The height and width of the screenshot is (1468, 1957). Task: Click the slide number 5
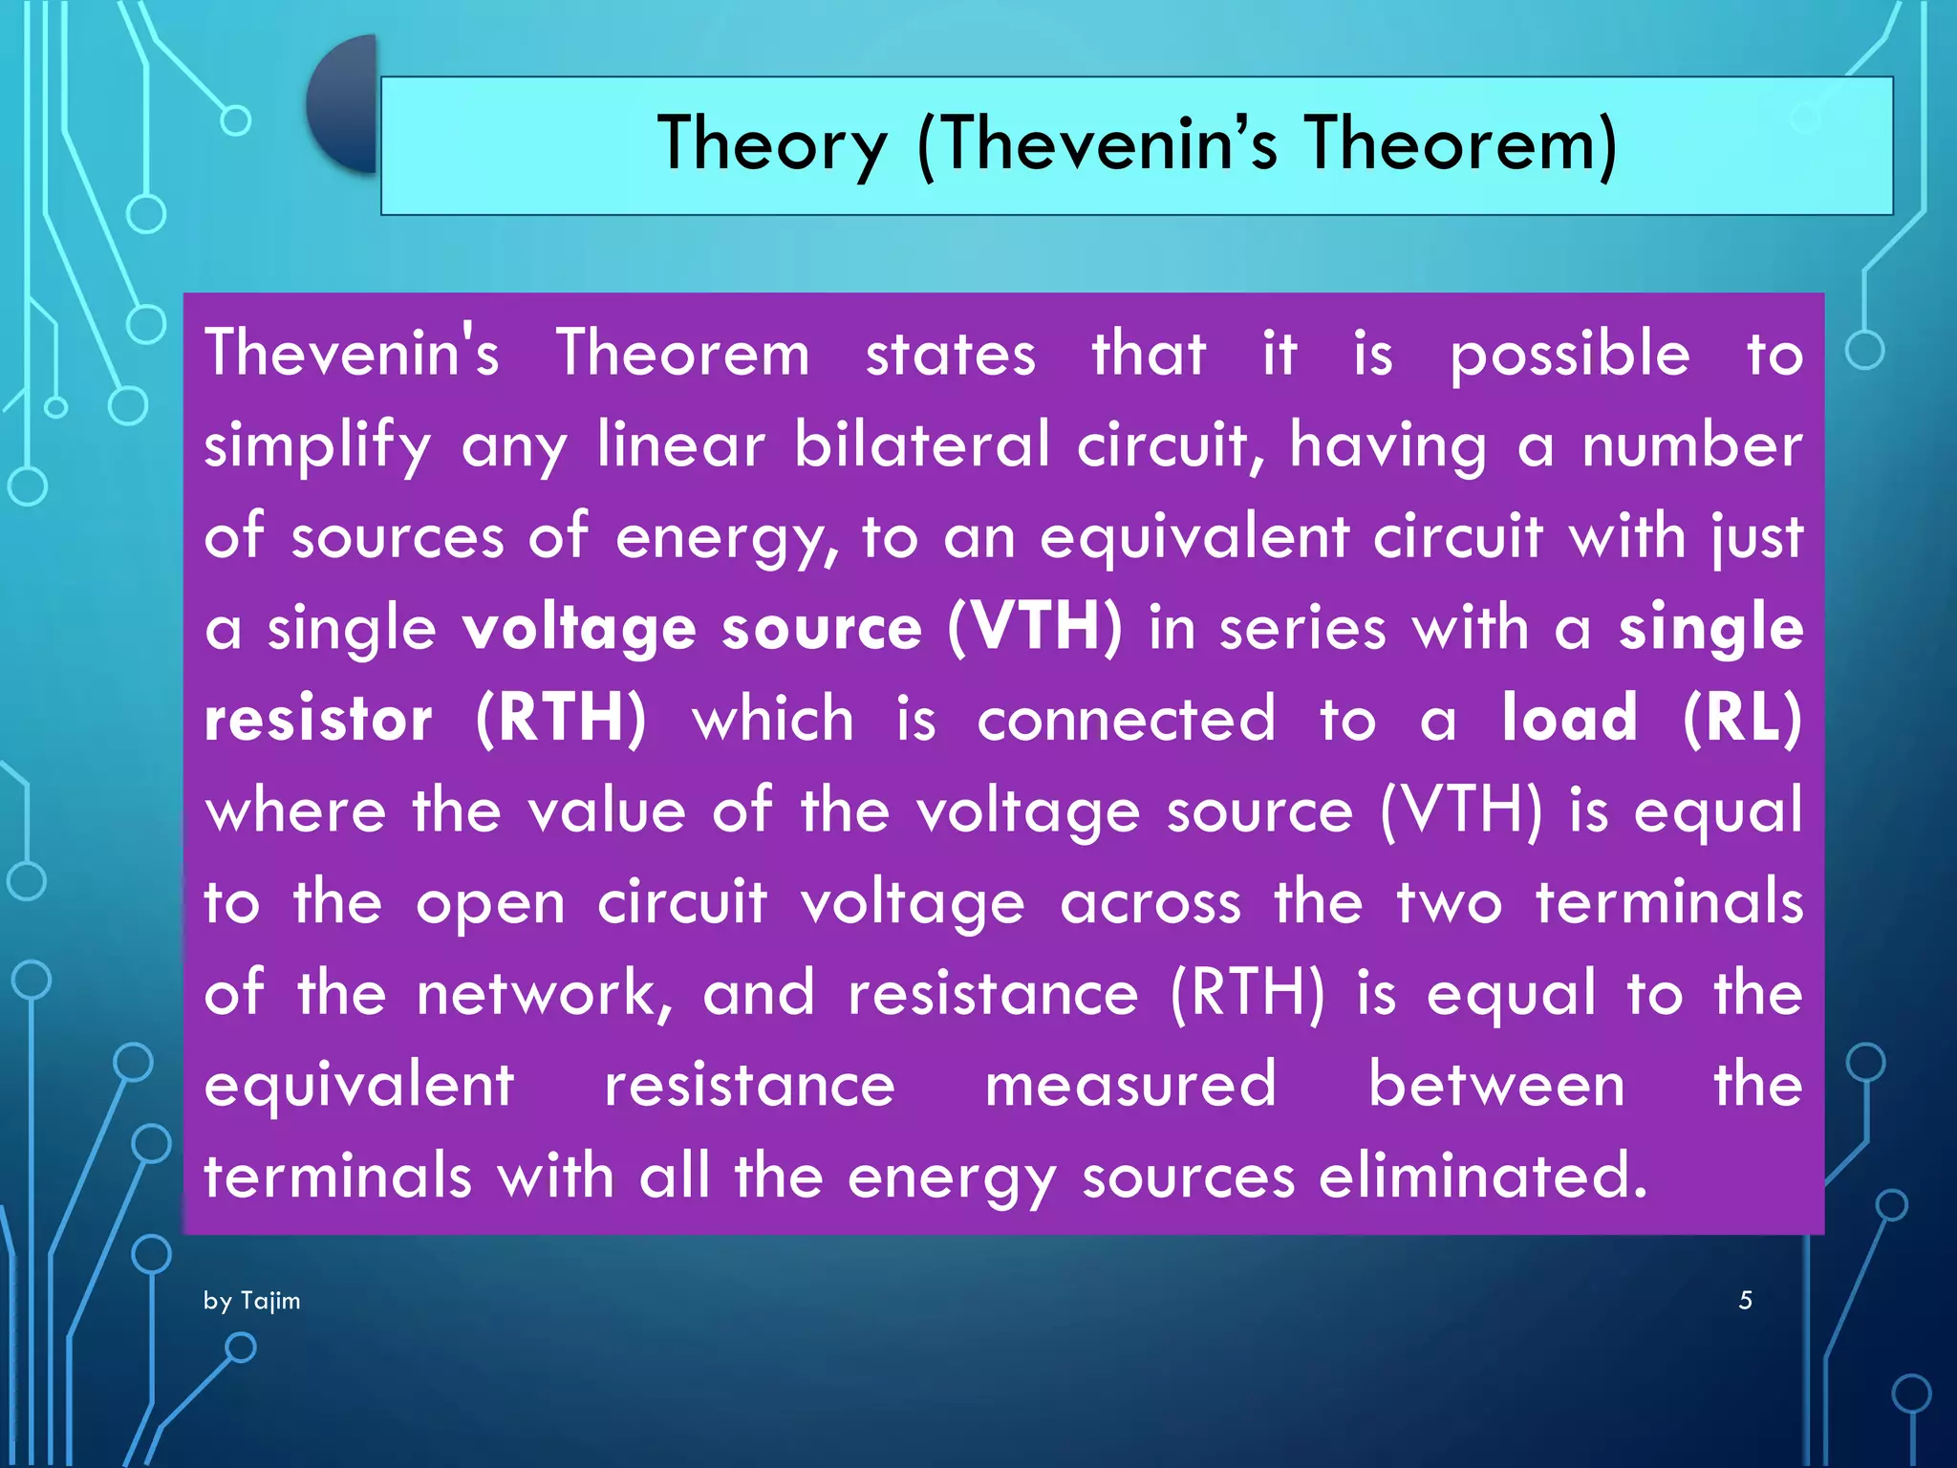[x=1745, y=1300]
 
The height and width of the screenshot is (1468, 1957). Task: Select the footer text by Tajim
[x=251, y=1301]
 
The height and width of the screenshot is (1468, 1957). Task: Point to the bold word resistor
[x=318, y=719]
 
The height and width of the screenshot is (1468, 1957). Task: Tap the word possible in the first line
[x=1570, y=355]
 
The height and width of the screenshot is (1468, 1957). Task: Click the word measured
[x=1130, y=1085]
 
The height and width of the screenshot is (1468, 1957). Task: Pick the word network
[x=545, y=993]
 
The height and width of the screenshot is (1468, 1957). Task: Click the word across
[x=1151, y=902]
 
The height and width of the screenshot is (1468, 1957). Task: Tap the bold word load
[x=1569, y=719]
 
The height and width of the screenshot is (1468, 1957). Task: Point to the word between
[x=1496, y=1085]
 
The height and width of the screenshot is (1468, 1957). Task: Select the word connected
[x=1126, y=719]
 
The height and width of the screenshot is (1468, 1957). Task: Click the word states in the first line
[x=950, y=355]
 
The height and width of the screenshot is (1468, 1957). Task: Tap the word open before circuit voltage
[x=490, y=904]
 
